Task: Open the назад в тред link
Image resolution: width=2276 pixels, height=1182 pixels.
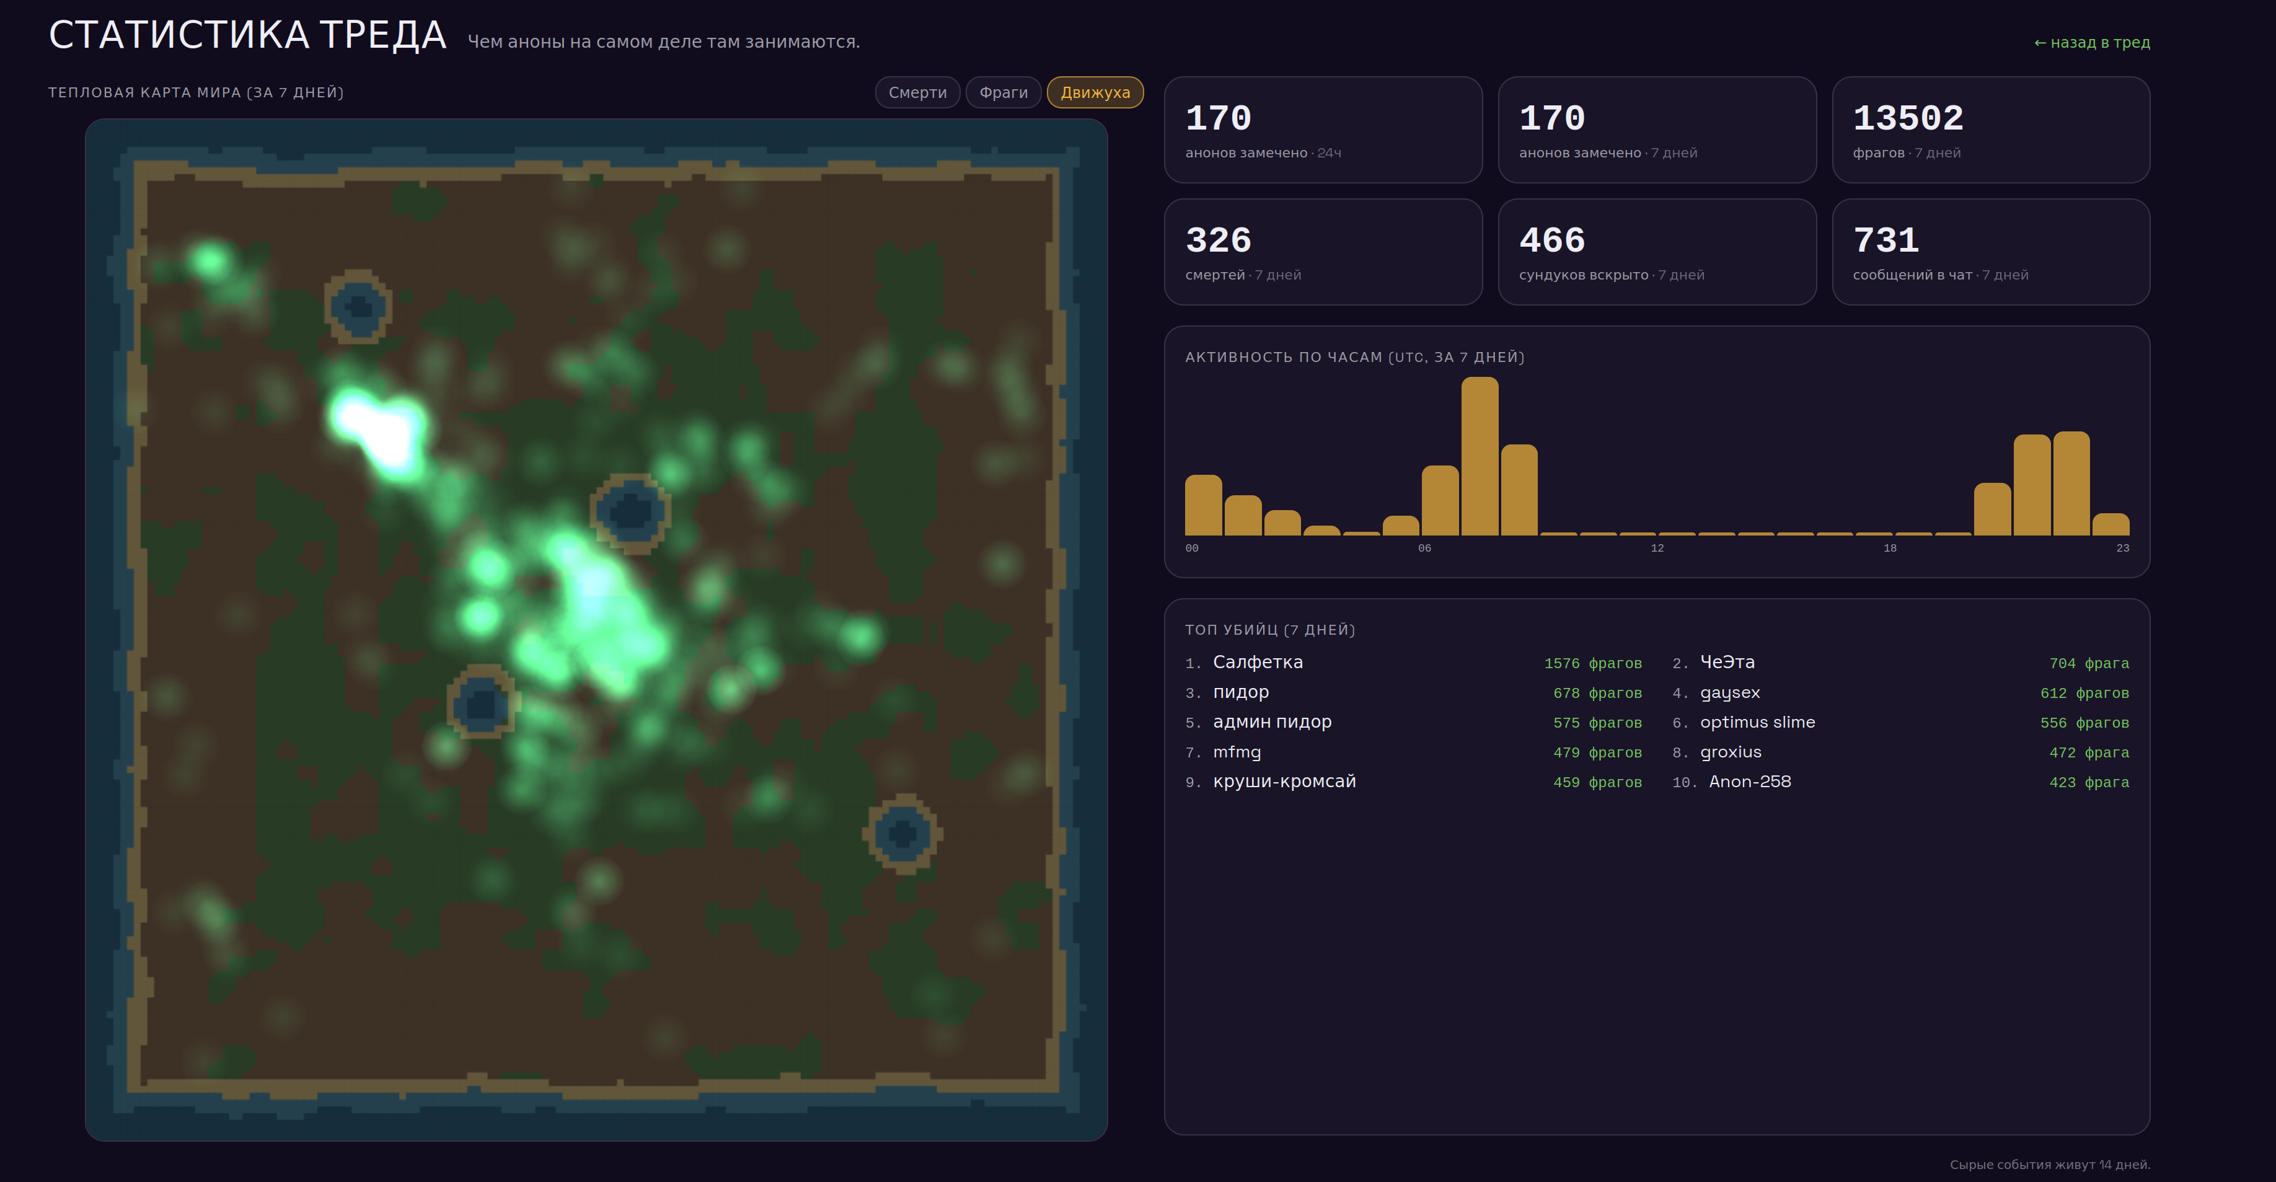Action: pos(2091,42)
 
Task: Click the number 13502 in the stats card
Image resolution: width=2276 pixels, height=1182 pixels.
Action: pos(1908,118)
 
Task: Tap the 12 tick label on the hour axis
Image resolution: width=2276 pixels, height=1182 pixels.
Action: pos(1657,549)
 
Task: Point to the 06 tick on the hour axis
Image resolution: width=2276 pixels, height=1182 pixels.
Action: pos(1424,549)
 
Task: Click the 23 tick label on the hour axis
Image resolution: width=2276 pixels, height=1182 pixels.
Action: pos(2122,549)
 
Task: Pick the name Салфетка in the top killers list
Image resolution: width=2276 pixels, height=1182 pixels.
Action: pos(1257,663)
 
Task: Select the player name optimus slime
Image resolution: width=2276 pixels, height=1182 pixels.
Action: pos(1757,721)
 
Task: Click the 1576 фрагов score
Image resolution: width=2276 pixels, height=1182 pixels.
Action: pos(1593,663)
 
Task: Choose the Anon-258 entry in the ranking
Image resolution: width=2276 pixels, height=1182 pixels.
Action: pos(1749,782)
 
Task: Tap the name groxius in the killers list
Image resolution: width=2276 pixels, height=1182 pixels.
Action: pos(1730,752)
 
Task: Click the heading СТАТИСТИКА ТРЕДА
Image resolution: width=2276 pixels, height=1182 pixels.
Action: pos(247,35)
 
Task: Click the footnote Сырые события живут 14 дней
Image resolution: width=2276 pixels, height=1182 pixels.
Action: pos(2050,1164)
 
